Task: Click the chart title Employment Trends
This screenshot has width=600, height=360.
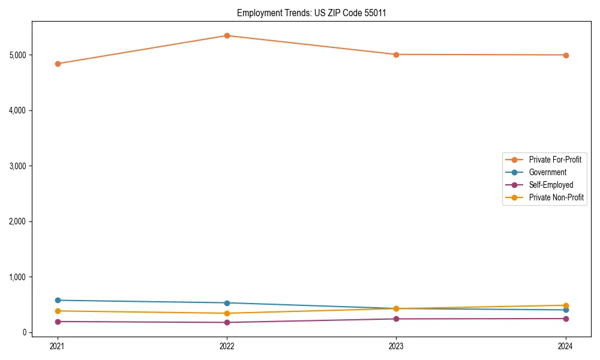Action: click(x=311, y=13)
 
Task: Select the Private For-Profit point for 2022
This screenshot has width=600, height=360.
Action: click(x=227, y=35)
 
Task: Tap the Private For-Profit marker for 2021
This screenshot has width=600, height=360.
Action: click(x=58, y=64)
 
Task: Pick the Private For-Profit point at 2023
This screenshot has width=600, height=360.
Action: click(x=396, y=55)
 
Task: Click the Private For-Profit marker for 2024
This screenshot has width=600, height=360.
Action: click(x=566, y=55)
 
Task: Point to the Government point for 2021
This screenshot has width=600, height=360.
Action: click(x=58, y=300)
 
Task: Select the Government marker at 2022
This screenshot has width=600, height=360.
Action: click(x=227, y=303)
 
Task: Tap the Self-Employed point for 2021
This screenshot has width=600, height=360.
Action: click(x=58, y=322)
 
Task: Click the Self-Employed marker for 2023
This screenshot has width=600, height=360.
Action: click(x=396, y=319)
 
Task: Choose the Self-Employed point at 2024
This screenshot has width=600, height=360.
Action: click(x=566, y=319)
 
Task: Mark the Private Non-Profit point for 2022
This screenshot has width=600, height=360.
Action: click(x=227, y=313)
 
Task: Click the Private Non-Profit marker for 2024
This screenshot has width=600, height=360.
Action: click(x=566, y=305)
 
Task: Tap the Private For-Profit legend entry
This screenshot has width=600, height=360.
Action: click(x=556, y=160)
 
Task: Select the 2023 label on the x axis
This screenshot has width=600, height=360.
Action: click(x=396, y=346)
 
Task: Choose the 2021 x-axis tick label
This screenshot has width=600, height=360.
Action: click(x=58, y=346)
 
